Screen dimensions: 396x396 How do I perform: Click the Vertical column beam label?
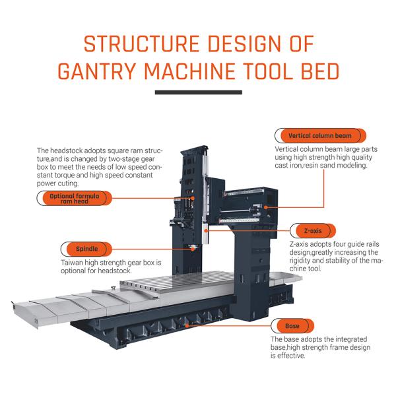[320, 136]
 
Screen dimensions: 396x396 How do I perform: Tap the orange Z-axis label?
[312, 231]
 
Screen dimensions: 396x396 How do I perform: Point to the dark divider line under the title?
[197, 93]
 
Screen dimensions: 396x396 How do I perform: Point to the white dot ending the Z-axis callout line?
[206, 231]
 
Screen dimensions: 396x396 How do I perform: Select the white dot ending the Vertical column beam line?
[265, 207]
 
